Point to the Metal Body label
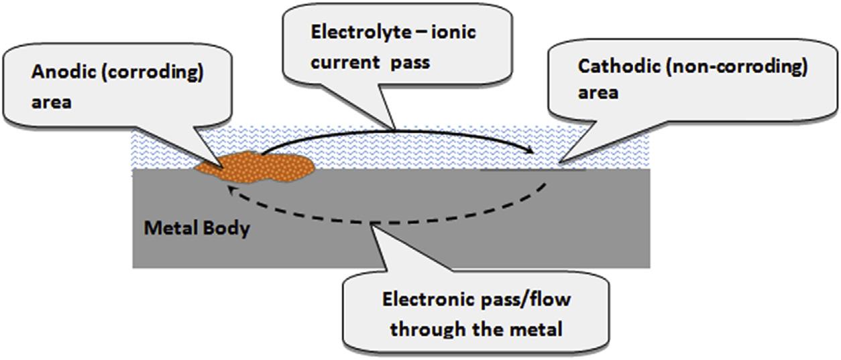(197, 228)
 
